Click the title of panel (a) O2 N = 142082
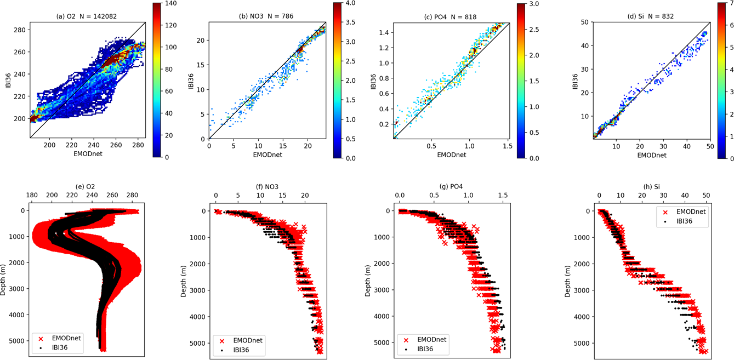pos(87,16)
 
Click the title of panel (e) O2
pos(87,186)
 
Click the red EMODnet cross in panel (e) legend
pos(43,338)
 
